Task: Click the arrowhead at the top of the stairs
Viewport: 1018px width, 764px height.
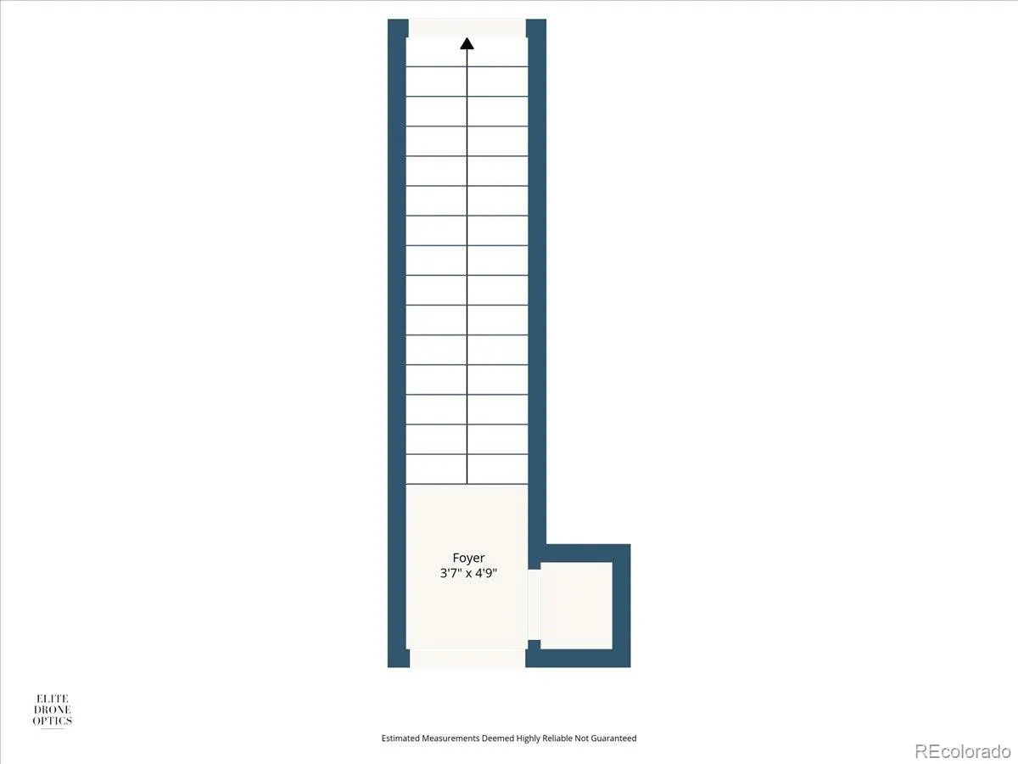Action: (x=467, y=43)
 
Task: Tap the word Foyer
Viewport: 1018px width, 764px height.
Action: (x=468, y=558)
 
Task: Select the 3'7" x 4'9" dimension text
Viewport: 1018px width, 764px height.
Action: (x=468, y=573)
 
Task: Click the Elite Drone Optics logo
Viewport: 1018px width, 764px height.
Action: (x=53, y=711)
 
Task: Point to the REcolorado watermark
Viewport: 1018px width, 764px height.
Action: (x=962, y=750)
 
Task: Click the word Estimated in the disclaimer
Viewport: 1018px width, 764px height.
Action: (x=400, y=738)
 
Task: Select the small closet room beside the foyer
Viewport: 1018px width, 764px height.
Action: (x=576, y=606)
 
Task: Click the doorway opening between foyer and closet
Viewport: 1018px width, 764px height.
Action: (x=534, y=605)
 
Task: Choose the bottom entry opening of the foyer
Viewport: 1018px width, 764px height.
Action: (x=467, y=659)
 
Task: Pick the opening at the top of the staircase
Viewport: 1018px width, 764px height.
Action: (x=467, y=28)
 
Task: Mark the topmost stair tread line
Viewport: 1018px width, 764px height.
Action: (x=467, y=67)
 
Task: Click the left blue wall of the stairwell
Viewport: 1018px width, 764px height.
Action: (x=397, y=343)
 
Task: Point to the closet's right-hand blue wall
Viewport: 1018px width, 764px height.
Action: (x=622, y=606)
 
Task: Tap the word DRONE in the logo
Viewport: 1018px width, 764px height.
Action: (x=53, y=710)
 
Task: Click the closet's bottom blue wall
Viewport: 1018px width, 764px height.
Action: (x=578, y=658)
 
